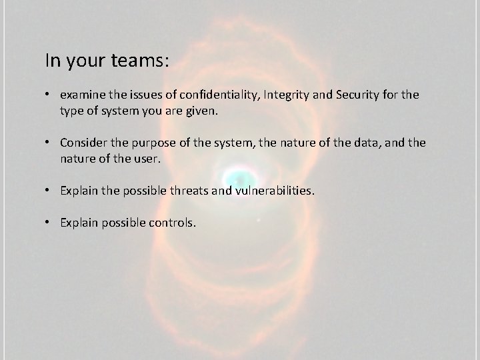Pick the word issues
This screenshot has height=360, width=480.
click(x=143, y=95)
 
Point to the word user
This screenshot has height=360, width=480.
click(x=145, y=159)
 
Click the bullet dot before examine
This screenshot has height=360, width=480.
click(x=49, y=95)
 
